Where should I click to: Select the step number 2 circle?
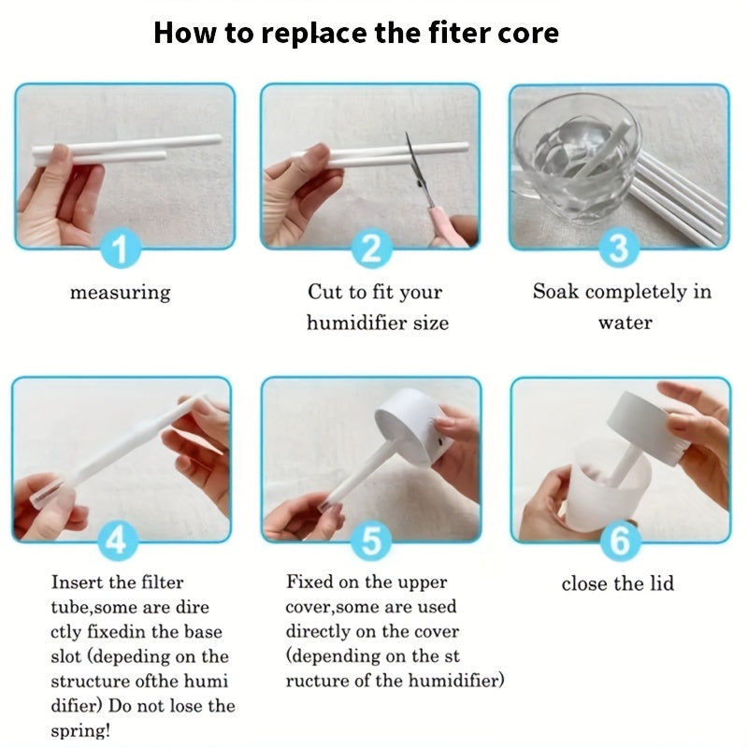click(371, 251)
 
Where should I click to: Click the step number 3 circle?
click(619, 250)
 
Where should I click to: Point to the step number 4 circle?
click(119, 541)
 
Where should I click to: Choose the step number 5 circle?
click(372, 541)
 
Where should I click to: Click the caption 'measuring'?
click(121, 293)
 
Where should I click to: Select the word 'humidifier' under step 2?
click(353, 324)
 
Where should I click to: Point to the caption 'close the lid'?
click(617, 584)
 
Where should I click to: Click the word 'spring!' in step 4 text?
click(82, 730)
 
